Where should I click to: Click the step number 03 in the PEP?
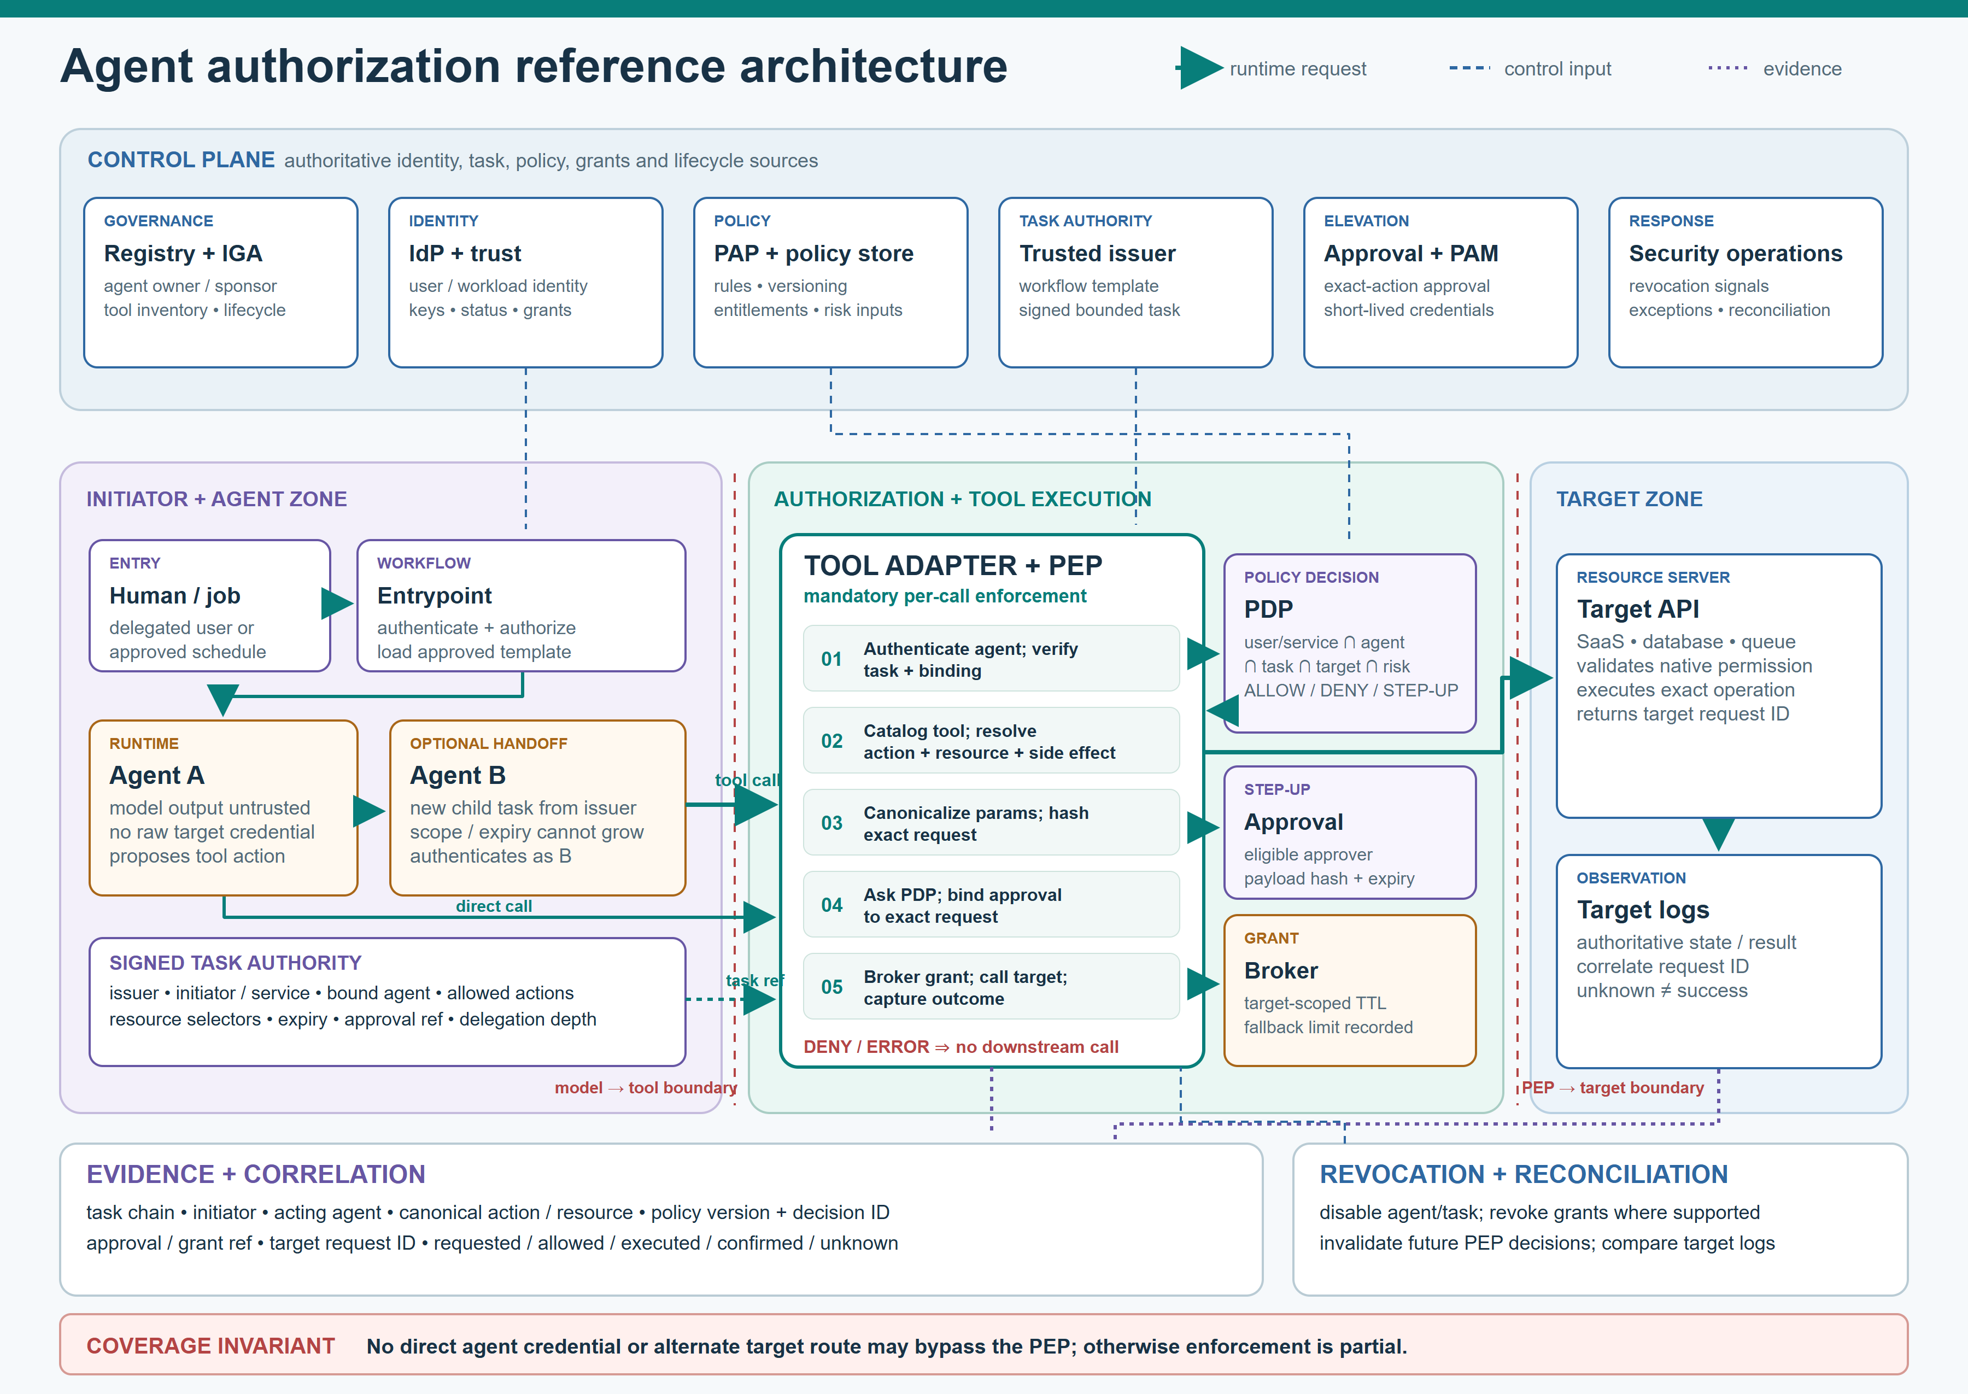coord(831,823)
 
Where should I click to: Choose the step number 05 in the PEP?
coord(831,987)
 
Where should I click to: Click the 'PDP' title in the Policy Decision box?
coord(1268,610)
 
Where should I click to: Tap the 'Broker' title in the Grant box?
coord(1280,971)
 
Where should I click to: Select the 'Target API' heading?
coord(1638,610)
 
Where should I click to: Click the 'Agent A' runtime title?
coord(156,776)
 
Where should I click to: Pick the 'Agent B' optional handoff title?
coord(458,776)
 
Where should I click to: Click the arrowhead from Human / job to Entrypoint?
coord(337,604)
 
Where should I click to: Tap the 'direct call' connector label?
coord(494,906)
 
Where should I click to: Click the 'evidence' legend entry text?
coord(1802,69)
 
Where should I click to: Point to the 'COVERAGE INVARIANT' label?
coord(210,1346)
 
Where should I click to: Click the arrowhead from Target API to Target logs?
coord(1718,834)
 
